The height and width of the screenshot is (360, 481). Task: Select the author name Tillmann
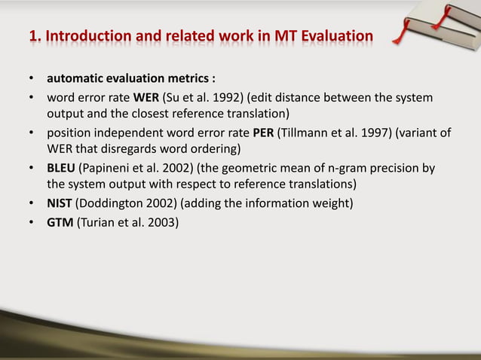[x=307, y=133]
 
